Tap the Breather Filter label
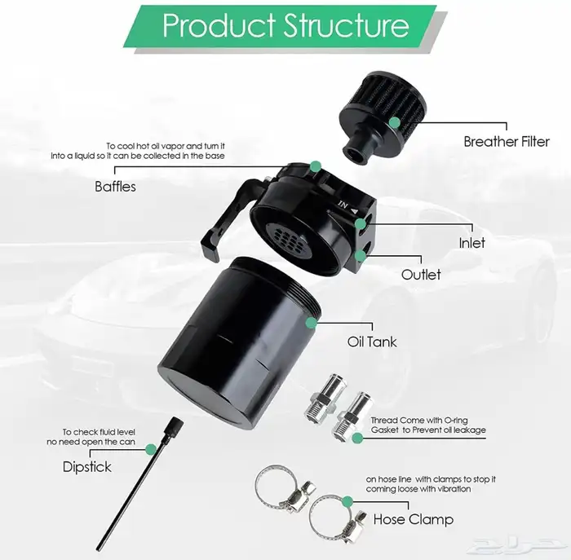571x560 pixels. pyautogui.click(x=507, y=142)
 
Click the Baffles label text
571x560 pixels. pyautogui.click(x=116, y=187)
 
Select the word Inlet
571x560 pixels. pyautogui.click(x=472, y=243)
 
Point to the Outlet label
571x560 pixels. pyautogui.click(x=421, y=275)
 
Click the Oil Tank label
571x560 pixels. pyautogui.click(x=372, y=342)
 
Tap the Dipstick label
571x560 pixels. pyautogui.click(x=87, y=467)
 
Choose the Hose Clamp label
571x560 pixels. pyautogui.click(x=414, y=519)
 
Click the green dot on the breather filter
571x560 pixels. pyautogui.click(x=394, y=122)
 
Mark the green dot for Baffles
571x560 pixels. pyautogui.click(x=316, y=166)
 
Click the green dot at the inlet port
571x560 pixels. pyautogui.click(x=361, y=224)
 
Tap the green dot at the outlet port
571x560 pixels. pyautogui.click(x=361, y=256)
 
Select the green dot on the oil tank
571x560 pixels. pyautogui.click(x=311, y=323)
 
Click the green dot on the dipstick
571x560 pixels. pyautogui.click(x=151, y=449)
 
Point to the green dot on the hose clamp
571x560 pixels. pyautogui.click(x=347, y=501)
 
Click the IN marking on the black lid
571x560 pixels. pyautogui.click(x=343, y=205)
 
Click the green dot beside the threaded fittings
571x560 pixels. pyautogui.click(x=357, y=438)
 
